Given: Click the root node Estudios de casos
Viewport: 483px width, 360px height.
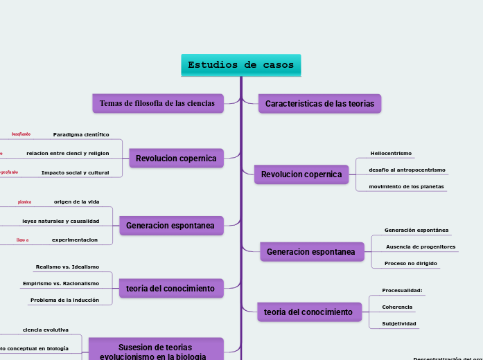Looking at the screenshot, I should (x=240, y=65).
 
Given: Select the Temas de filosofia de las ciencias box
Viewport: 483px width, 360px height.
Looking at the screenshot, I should (x=158, y=103).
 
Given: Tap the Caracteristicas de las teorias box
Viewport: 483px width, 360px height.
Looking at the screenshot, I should (x=319, y=104).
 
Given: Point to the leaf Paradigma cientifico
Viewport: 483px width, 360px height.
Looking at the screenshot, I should (x=81, y=134).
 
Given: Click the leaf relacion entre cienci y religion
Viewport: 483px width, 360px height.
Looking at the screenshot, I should (x=67, y=153).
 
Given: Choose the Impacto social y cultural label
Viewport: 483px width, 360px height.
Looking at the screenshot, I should (x=75, y=172).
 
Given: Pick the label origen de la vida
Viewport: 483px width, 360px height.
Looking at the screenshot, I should (x=76, y=202).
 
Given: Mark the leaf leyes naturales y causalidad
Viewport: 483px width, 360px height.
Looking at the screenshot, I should (x=60, y=221).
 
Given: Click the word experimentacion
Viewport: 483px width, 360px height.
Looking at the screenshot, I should (x=74, y=240).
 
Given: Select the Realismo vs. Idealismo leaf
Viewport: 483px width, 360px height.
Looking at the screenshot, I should (x=67, y=267).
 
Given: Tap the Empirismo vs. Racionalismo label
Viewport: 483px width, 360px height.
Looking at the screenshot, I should (x=61, y=283).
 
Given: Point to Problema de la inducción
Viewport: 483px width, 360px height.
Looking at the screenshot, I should (x=64, y=300).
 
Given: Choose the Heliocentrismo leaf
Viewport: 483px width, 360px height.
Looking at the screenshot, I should (x=391, y=153).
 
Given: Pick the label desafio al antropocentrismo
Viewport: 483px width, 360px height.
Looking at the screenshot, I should (x=407, y=170).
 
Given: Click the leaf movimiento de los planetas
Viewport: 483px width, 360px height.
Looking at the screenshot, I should (x=406, y=186).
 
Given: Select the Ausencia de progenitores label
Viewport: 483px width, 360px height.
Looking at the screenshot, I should (x=421, y=246).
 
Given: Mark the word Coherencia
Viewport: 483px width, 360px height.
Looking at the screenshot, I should (x=397, y=307).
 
